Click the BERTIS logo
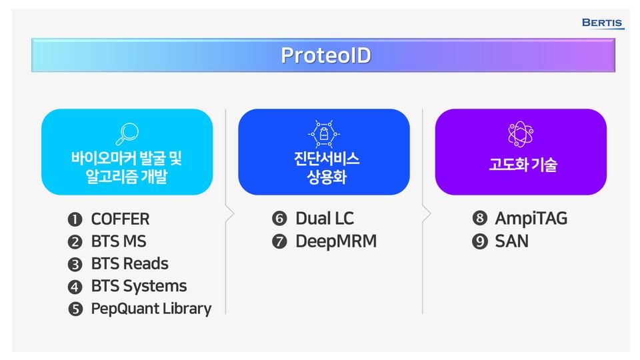[603, 23]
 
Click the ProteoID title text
[325, 55]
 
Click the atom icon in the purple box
[521, 133]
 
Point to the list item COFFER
[120, 219]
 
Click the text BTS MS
[118, 241]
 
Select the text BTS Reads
[129, 263]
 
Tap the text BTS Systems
[139, 286]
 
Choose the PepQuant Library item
[151, 309]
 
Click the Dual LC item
[325, 218]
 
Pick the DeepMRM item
[336, 241]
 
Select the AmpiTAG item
[531, 218]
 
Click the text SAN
[511, 241]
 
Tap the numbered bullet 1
[75, 219]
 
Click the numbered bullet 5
[75, 309]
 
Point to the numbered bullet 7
[279, 241]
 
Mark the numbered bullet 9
[479, 241]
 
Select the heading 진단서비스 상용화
[324, 168]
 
